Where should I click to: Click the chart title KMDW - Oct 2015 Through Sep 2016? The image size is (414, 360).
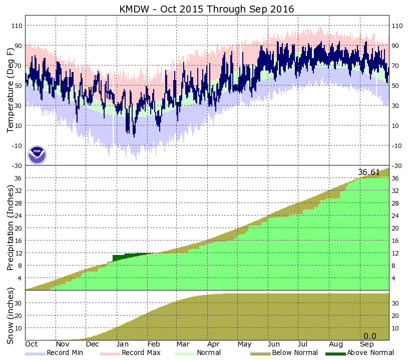[207, 9]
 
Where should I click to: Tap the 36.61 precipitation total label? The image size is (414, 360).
[369, 172]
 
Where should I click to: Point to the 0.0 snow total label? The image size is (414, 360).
[369, 336]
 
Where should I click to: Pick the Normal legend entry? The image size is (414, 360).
[206, 353]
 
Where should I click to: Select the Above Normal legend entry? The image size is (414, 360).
[366, 353]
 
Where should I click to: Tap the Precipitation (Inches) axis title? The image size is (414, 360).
[11, 227]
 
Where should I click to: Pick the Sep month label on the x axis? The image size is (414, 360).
[367, 344]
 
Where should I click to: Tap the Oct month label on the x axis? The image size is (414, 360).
[32, 344]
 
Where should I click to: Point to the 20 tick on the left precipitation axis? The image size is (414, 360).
[19, 228]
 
